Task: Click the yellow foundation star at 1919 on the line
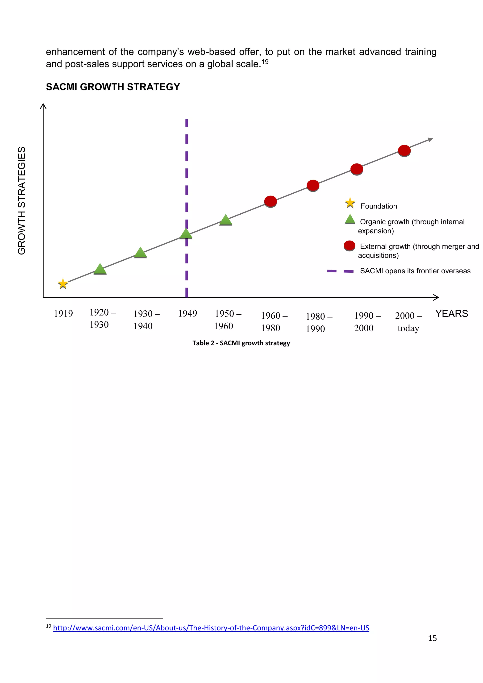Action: click(x=63, y=283)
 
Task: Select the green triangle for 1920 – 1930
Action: click(x=100, y=269)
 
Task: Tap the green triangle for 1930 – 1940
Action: click(x=140, y=253)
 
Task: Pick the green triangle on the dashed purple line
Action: click(x=186, y=234)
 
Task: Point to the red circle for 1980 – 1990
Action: click(x=313, y=186)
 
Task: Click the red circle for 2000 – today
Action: click(x=404, y=150)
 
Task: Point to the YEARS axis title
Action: click(x=451, y=313)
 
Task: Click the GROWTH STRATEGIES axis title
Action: click(x=22, y=200)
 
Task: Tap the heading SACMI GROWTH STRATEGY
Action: click(x=113, y=87)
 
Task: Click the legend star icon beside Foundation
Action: click(x=350, y=203)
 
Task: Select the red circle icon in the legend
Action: click(x=350, y=246)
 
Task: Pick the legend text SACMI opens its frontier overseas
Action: click(x=415, y=271)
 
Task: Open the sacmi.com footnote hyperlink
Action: click(x=211, y=628)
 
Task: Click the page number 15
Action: click(x=432, y=638)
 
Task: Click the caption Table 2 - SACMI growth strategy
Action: click(x=241, y=343)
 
